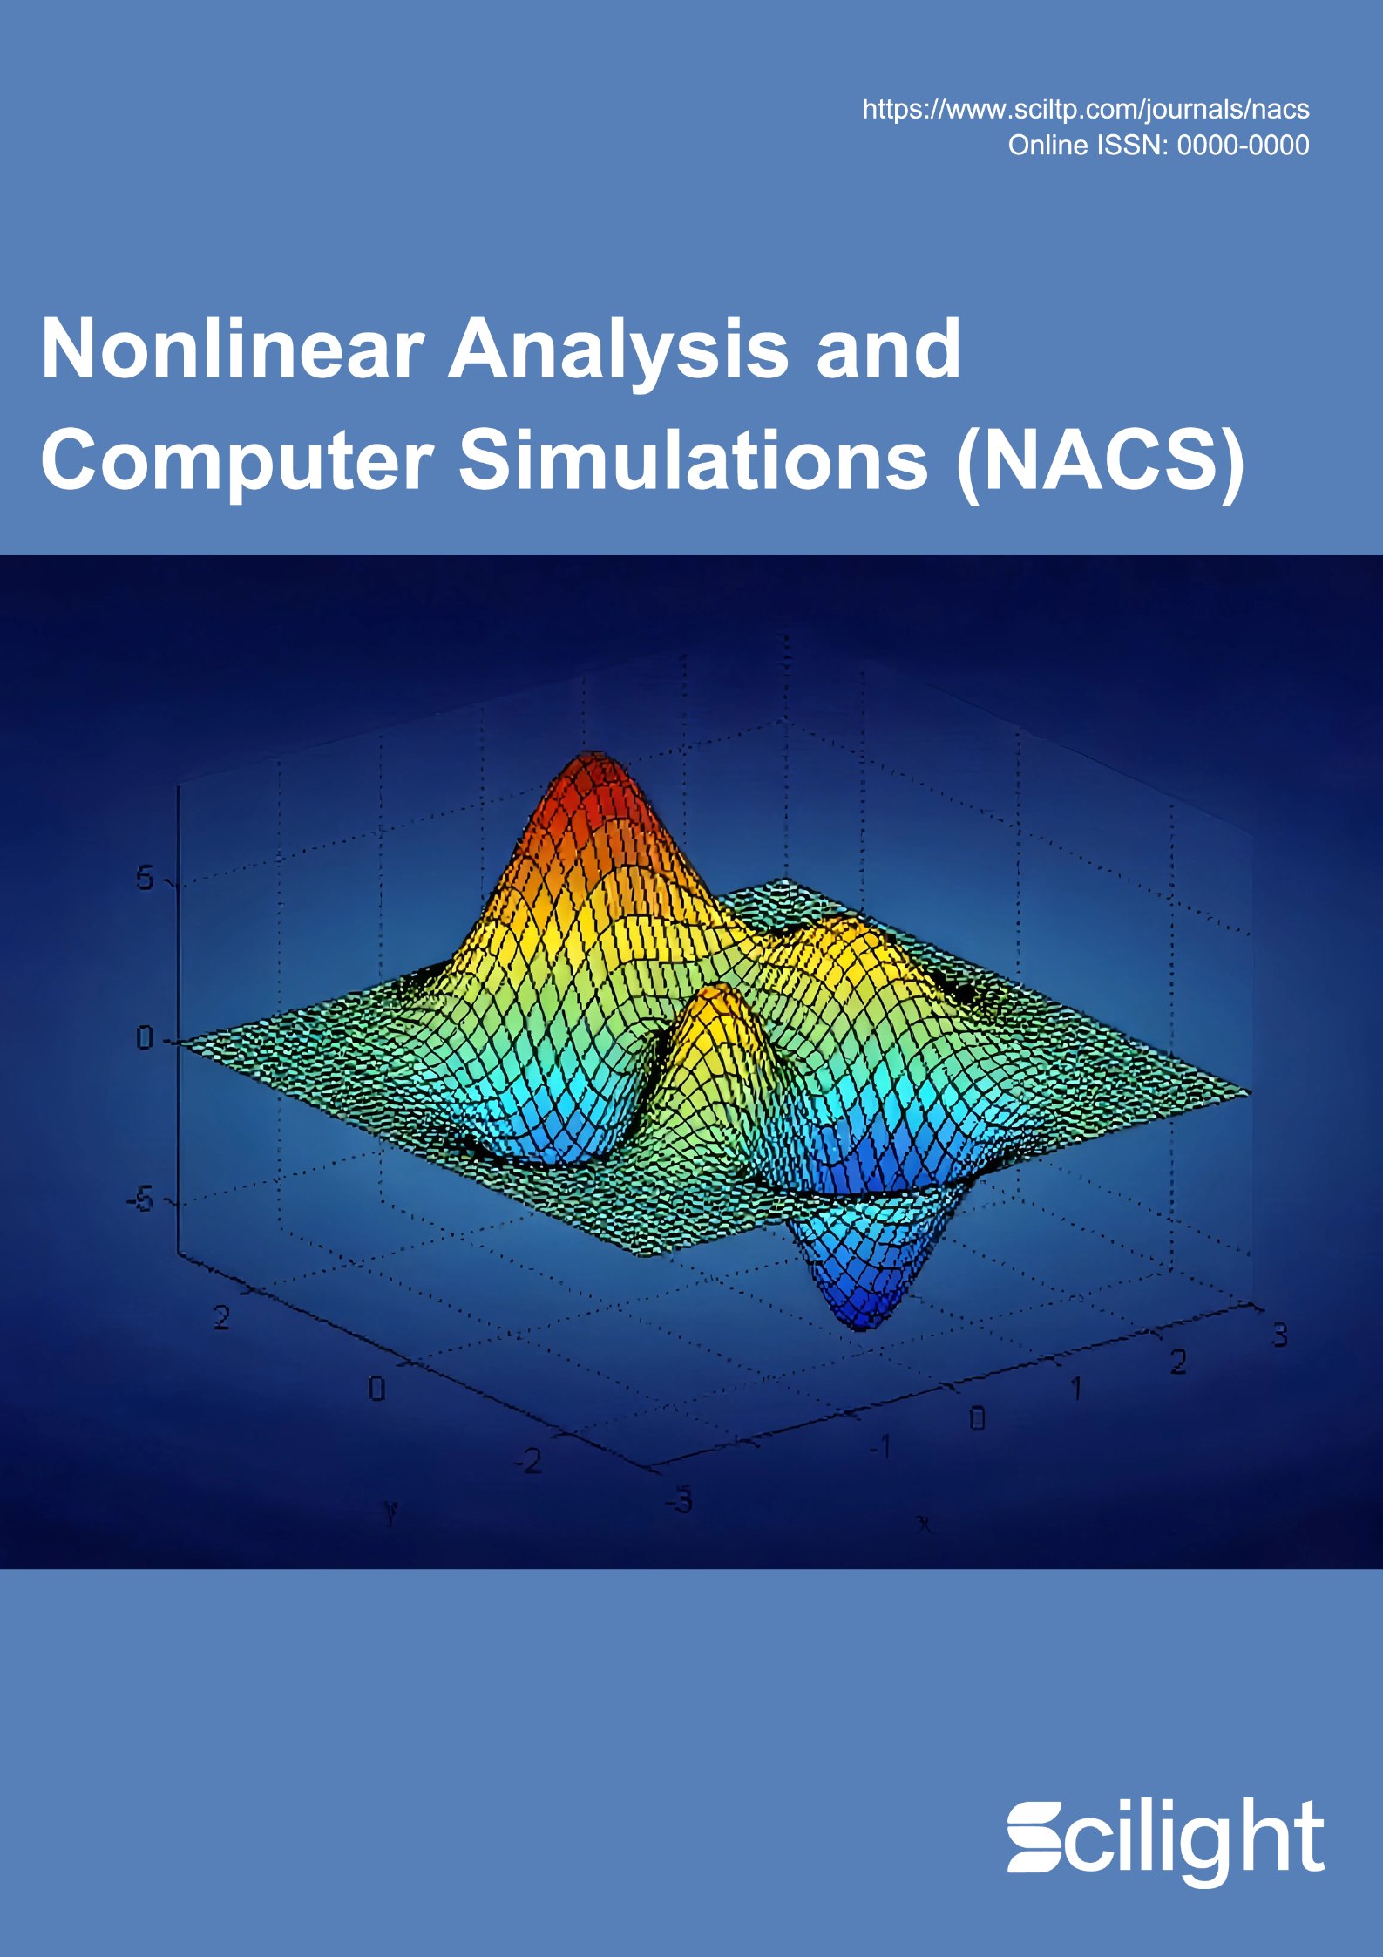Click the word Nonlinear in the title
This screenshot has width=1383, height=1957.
coord(233,349)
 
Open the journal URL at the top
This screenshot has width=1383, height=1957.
coord(1086,109)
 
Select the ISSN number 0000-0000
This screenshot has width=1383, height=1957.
coord(1244,145)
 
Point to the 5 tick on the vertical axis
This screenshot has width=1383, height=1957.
coord(145,879)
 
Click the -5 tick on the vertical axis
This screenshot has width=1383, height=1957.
coord(140,1201)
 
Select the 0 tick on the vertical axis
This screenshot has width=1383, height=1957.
coord(145,1038)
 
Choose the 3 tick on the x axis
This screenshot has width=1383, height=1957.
coord(1279,1335)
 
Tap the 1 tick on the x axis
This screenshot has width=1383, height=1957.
coord(1076,1389)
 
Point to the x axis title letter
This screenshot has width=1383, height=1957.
coord(922,1525)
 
